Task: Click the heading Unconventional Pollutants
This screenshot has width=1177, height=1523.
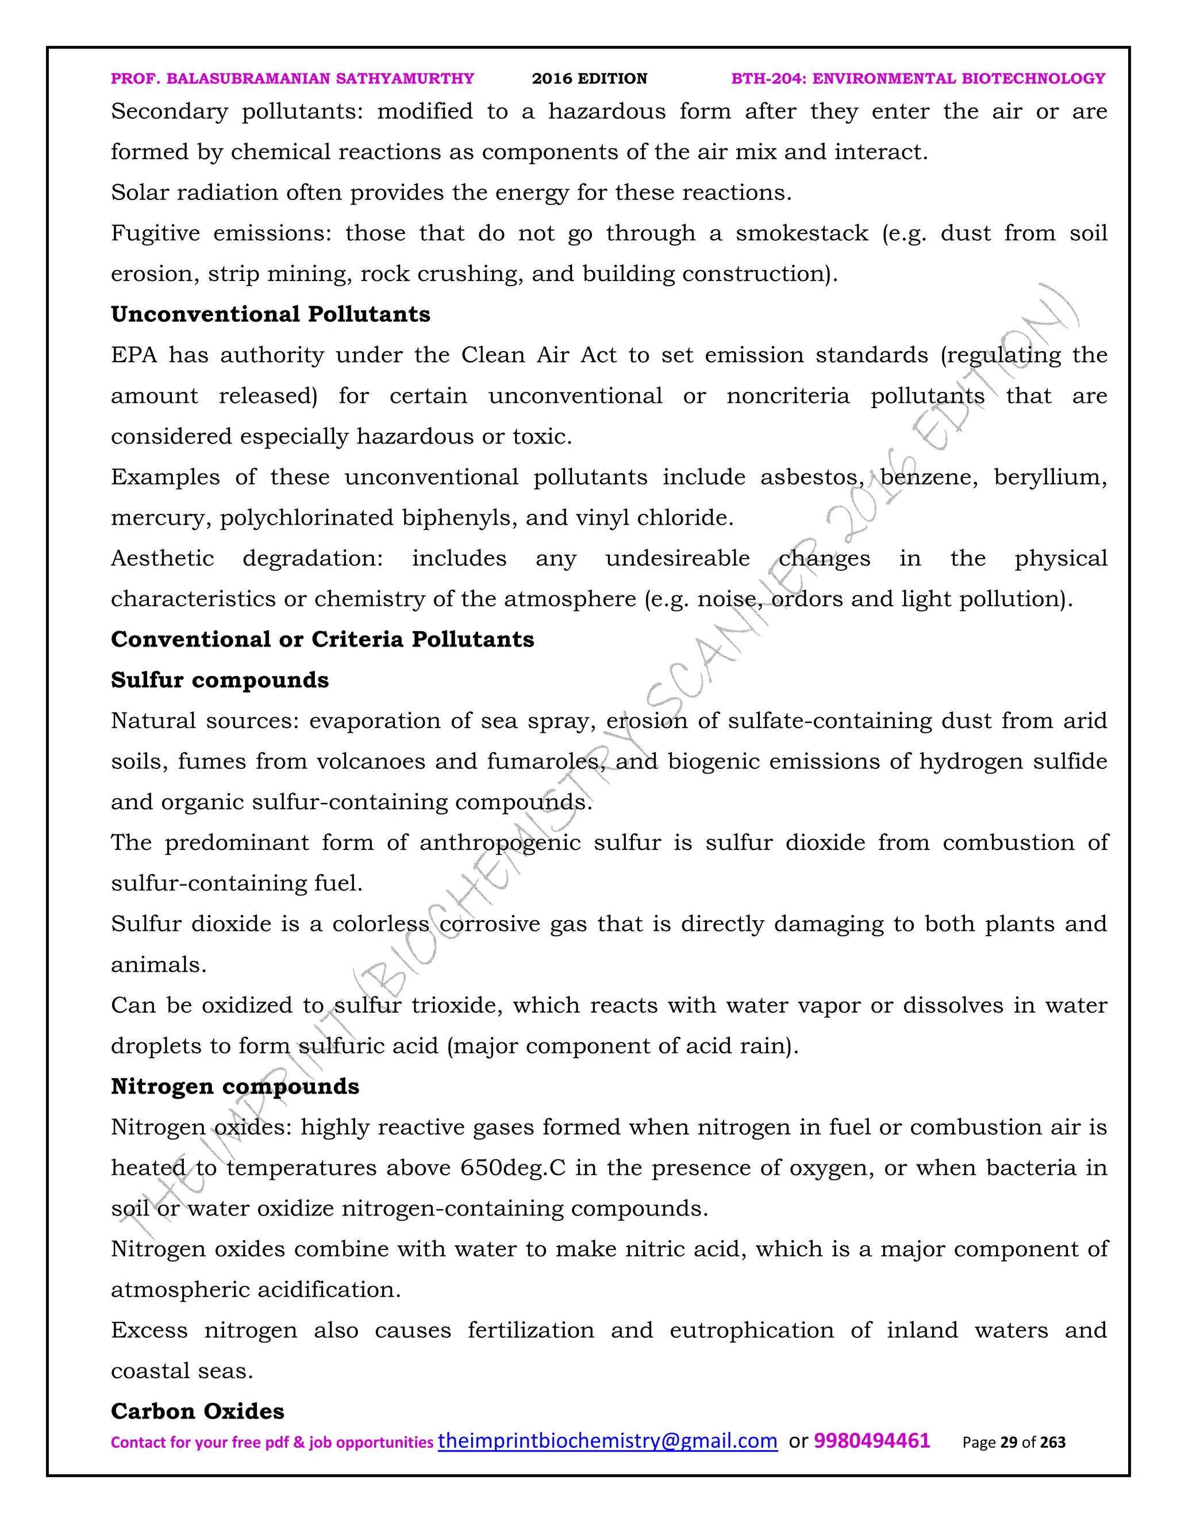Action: point(271,314)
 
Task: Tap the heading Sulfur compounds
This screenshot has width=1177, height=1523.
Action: point(220,680)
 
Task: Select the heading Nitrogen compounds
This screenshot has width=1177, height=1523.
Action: point(235,1086)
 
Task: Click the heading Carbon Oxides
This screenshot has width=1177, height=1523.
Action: point(197,1412)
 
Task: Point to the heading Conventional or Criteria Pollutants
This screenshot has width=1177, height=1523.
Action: point(322,640)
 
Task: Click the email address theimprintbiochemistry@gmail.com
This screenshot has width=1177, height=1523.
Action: point(607,1441)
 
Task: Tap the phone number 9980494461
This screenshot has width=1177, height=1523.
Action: point(872,1441)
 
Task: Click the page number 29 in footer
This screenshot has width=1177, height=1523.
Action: point(1008,1443)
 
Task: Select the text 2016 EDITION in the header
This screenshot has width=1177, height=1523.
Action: point(589,79)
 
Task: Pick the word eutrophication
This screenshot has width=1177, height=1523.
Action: point(752,1330)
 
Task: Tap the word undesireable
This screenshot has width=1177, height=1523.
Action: point(677,559)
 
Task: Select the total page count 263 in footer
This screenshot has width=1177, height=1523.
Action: point(1053,1443)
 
